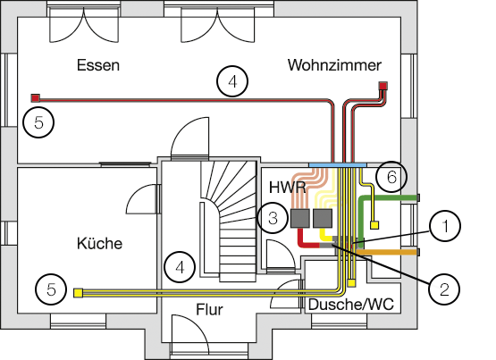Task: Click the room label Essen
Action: click(98, 65)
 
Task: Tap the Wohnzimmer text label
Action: click(334, 65)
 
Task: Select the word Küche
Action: click(99, 243)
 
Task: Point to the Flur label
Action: click(209, 309)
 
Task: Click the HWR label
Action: click(288, 188)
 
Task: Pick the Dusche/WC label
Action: click(351, 305)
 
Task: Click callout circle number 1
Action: click(445, 226)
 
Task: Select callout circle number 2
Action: click(444, 289)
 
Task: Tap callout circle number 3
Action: click(273, 218)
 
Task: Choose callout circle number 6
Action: click(391, 177)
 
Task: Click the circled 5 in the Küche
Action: click(51, 289)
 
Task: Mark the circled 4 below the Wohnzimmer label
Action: click(232, 81)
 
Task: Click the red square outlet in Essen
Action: click(35, 98)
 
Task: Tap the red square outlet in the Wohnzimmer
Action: click(383, 86)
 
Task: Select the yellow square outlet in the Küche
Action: click(78, 293)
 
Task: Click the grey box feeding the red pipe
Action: click(300, 218)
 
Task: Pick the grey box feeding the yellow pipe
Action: click(323, 218)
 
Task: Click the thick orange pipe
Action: click(387, 252)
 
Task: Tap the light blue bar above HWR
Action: click(338, 165)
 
